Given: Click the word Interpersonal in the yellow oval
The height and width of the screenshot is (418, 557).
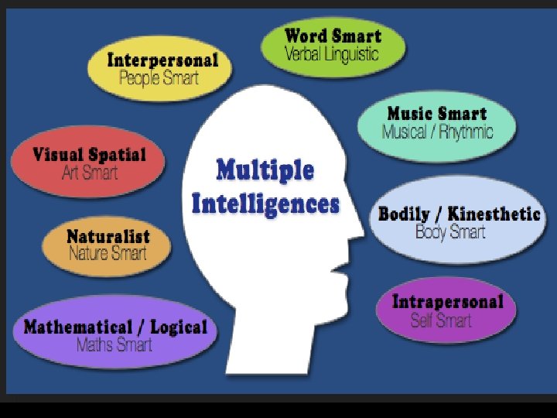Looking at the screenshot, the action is coord(162,60).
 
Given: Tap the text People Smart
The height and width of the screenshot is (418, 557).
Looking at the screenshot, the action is coord(159,77).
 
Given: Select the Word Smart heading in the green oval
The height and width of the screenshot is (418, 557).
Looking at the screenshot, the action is coord(333,36).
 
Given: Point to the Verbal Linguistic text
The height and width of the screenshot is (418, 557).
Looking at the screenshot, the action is coord(332,53).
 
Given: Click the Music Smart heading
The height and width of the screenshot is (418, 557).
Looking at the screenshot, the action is coord(437,114).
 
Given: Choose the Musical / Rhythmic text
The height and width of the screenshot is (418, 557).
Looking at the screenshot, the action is coord(437,132).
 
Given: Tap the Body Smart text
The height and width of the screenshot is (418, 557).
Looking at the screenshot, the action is coord(450,231).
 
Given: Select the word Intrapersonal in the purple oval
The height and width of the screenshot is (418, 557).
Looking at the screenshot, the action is coord(447,302).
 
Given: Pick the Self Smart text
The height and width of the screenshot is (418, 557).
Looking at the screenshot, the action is coord(441,320).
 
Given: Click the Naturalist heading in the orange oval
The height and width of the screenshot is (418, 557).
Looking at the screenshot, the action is coord(108,235).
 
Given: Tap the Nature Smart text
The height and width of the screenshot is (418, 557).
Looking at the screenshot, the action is coord(107,252).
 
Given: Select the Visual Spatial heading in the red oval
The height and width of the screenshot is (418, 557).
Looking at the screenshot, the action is coord(89,154).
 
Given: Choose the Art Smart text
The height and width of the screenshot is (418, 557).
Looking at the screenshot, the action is coord(90,172).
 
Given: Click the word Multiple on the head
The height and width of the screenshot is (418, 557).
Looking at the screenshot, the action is coord(265,170).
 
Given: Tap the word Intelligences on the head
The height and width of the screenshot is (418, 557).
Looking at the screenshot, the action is coord(265,204).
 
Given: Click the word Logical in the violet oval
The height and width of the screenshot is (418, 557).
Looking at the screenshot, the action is coord(179,327).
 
